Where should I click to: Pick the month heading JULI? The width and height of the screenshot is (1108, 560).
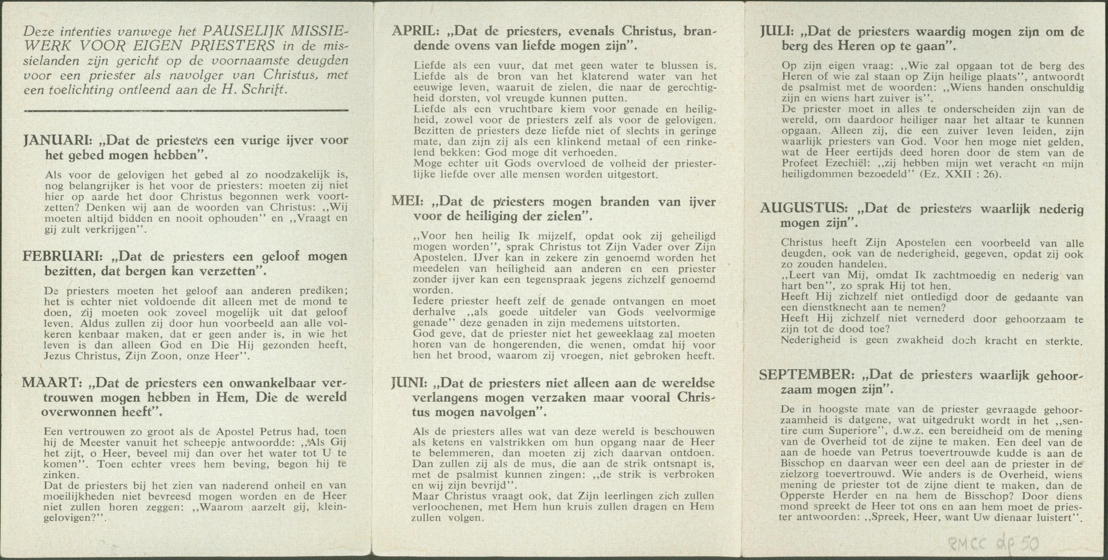(776, 31)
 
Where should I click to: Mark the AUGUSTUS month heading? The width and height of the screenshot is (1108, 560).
(803, 209)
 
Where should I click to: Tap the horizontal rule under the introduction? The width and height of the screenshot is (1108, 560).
(186, 111)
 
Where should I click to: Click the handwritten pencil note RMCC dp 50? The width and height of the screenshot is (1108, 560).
(994, 544)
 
